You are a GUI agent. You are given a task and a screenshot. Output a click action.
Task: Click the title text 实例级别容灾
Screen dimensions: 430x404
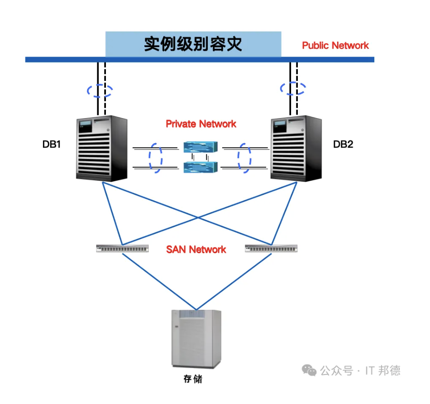(x=193, y=44)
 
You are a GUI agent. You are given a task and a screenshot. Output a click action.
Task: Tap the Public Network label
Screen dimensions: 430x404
(x=335, y=45)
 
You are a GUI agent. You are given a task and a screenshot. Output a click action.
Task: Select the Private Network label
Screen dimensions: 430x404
(x=201, y=124)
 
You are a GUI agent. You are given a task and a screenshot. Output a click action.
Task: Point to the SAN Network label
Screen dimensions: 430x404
(x=196, y=249)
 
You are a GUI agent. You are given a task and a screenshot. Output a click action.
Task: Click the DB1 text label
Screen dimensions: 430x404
(x=51, y=144)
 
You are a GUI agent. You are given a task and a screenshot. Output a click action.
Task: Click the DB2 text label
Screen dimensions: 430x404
(x=343, y=144)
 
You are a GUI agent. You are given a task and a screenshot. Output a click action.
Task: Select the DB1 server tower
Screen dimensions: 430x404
(x=102, y=148)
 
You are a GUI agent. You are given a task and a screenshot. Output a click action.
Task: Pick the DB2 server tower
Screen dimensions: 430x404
(x=296, y=148)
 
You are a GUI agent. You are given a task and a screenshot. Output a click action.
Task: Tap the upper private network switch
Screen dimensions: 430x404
(x=201, y=147)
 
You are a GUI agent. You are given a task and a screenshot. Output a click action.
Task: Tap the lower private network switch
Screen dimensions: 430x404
(x=201, y=167)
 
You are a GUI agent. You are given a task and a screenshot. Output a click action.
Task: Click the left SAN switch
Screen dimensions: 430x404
(x=122, y=248)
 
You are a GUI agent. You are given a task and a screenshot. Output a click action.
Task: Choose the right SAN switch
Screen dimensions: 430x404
(x=271, y=248)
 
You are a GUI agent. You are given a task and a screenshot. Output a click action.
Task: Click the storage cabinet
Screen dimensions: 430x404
(x=196, y=339)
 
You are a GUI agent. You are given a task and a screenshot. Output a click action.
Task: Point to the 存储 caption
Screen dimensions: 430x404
(x=193, y=379)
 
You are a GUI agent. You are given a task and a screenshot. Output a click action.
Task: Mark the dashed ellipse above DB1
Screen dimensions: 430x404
(x=87, y=90)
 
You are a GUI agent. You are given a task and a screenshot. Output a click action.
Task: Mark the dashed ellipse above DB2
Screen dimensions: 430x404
(x=281, y=88)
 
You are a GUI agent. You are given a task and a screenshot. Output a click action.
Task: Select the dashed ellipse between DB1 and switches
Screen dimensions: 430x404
(x=149, y=158)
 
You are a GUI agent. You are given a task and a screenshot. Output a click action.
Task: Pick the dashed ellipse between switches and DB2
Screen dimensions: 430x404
(x=238, y=158)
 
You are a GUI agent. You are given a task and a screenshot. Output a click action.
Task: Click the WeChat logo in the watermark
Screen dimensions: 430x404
(x=309, y=370)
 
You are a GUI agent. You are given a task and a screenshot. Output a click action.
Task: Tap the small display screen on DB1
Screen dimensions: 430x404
(x=85, y=126)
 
